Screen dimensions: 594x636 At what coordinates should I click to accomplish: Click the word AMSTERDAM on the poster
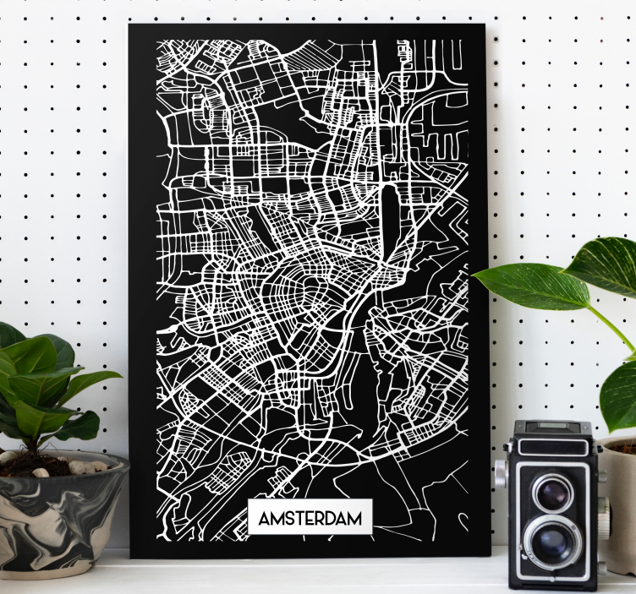pyautogui.click(x=310, y=516)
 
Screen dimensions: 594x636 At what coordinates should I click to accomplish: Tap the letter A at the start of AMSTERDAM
pyautogui.click(x=264, y=517)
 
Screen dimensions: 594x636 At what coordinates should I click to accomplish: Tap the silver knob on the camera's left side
pyautogui.click(x=502, y=473)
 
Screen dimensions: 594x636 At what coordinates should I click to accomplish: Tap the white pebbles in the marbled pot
pyautogui.click(x=80, y=466)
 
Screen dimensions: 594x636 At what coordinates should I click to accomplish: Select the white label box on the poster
pyautogui.click(x=310, y=516)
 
